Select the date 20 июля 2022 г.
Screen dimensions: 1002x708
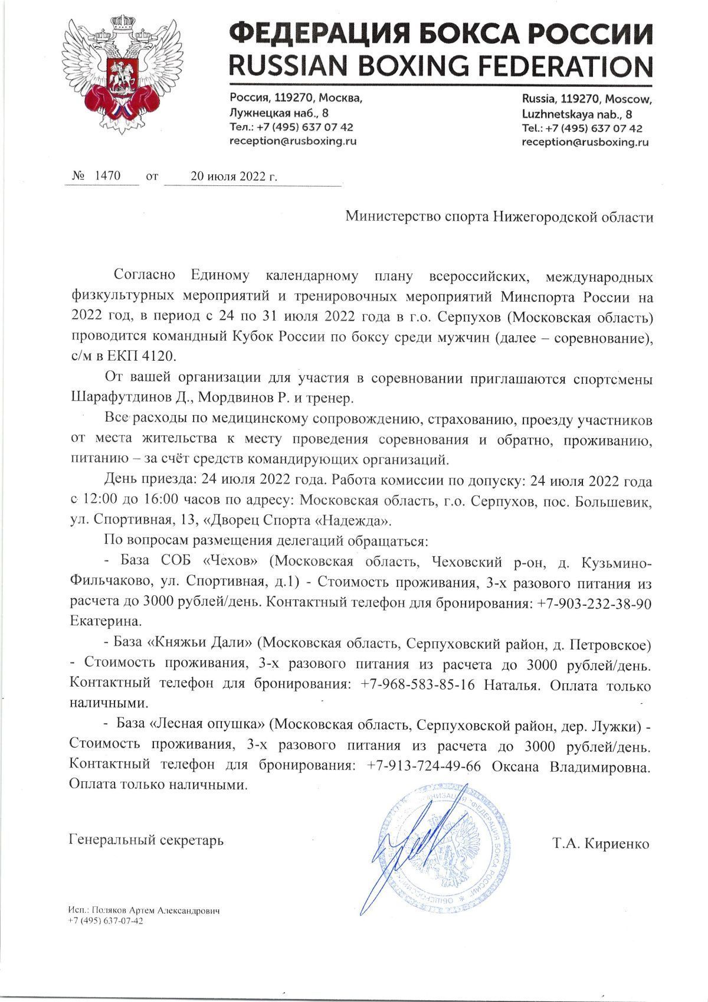coord(233,176)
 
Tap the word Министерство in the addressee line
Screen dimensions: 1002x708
coord(385,217)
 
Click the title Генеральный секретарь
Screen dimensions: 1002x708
coord(146,839)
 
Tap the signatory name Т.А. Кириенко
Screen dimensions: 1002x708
coord(601,843)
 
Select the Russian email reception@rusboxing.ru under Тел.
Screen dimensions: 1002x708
coord(293,141)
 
